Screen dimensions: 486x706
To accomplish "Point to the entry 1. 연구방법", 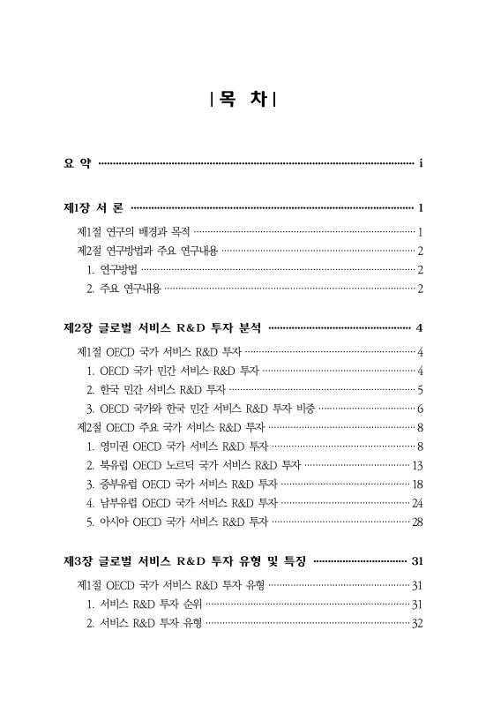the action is [x=112, y=270].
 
